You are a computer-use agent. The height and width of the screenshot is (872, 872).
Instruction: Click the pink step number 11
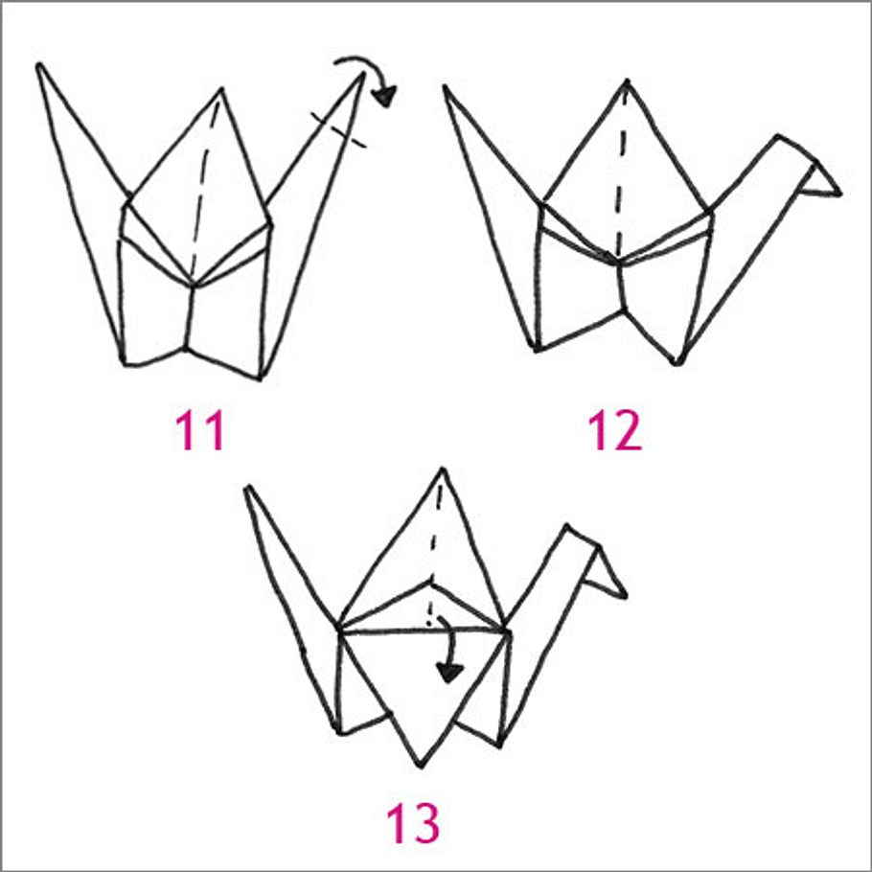click(200, 431)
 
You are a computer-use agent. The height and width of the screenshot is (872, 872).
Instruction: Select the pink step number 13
click(413, 822)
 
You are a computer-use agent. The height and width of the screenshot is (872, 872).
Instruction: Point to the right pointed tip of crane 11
click(362, 77)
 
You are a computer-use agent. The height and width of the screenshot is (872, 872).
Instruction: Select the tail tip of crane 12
click(445, 88)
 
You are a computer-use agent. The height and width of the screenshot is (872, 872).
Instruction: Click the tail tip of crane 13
click(247, 488)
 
